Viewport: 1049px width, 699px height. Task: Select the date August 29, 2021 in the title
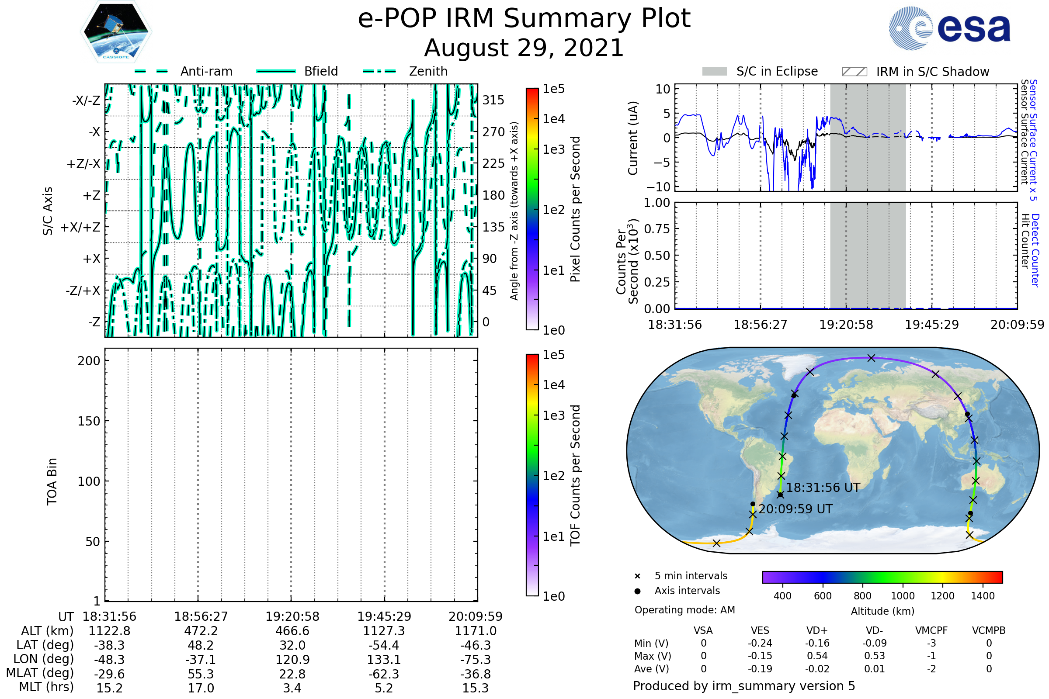click(x=524, y=48)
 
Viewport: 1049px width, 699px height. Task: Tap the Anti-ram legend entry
click(x=206, y=71)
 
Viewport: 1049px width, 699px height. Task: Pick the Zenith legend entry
click(x=428, y=71)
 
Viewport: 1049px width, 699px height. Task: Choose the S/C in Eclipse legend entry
click(x=777, y=71)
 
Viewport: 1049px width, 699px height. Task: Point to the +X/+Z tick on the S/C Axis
click(x=80, y=227)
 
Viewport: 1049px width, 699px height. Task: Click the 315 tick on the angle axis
click(x=493, y=100)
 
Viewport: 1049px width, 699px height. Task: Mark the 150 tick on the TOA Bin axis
click(x=89, y=421)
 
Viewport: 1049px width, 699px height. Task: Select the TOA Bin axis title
click(x=52, y=481)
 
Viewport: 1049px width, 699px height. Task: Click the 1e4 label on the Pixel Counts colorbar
click(x=553, y=119)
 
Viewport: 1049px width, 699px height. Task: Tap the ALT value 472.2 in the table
click(x=201, y=631)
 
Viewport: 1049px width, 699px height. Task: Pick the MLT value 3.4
click(x=292, y=688)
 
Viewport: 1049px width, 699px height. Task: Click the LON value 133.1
click(x=384, y=659)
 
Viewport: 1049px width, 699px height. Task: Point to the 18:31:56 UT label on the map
click(x=823, y=488)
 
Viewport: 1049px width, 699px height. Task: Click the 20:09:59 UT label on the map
click(x=795, y=509)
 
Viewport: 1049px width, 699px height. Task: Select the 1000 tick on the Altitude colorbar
click(x=902, y=596)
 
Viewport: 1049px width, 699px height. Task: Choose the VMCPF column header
click(x=931, y=630)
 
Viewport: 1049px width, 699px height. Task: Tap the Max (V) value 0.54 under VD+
click(x=817, y=656)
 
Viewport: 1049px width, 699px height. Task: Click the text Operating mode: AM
click(x=684, y=610)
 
